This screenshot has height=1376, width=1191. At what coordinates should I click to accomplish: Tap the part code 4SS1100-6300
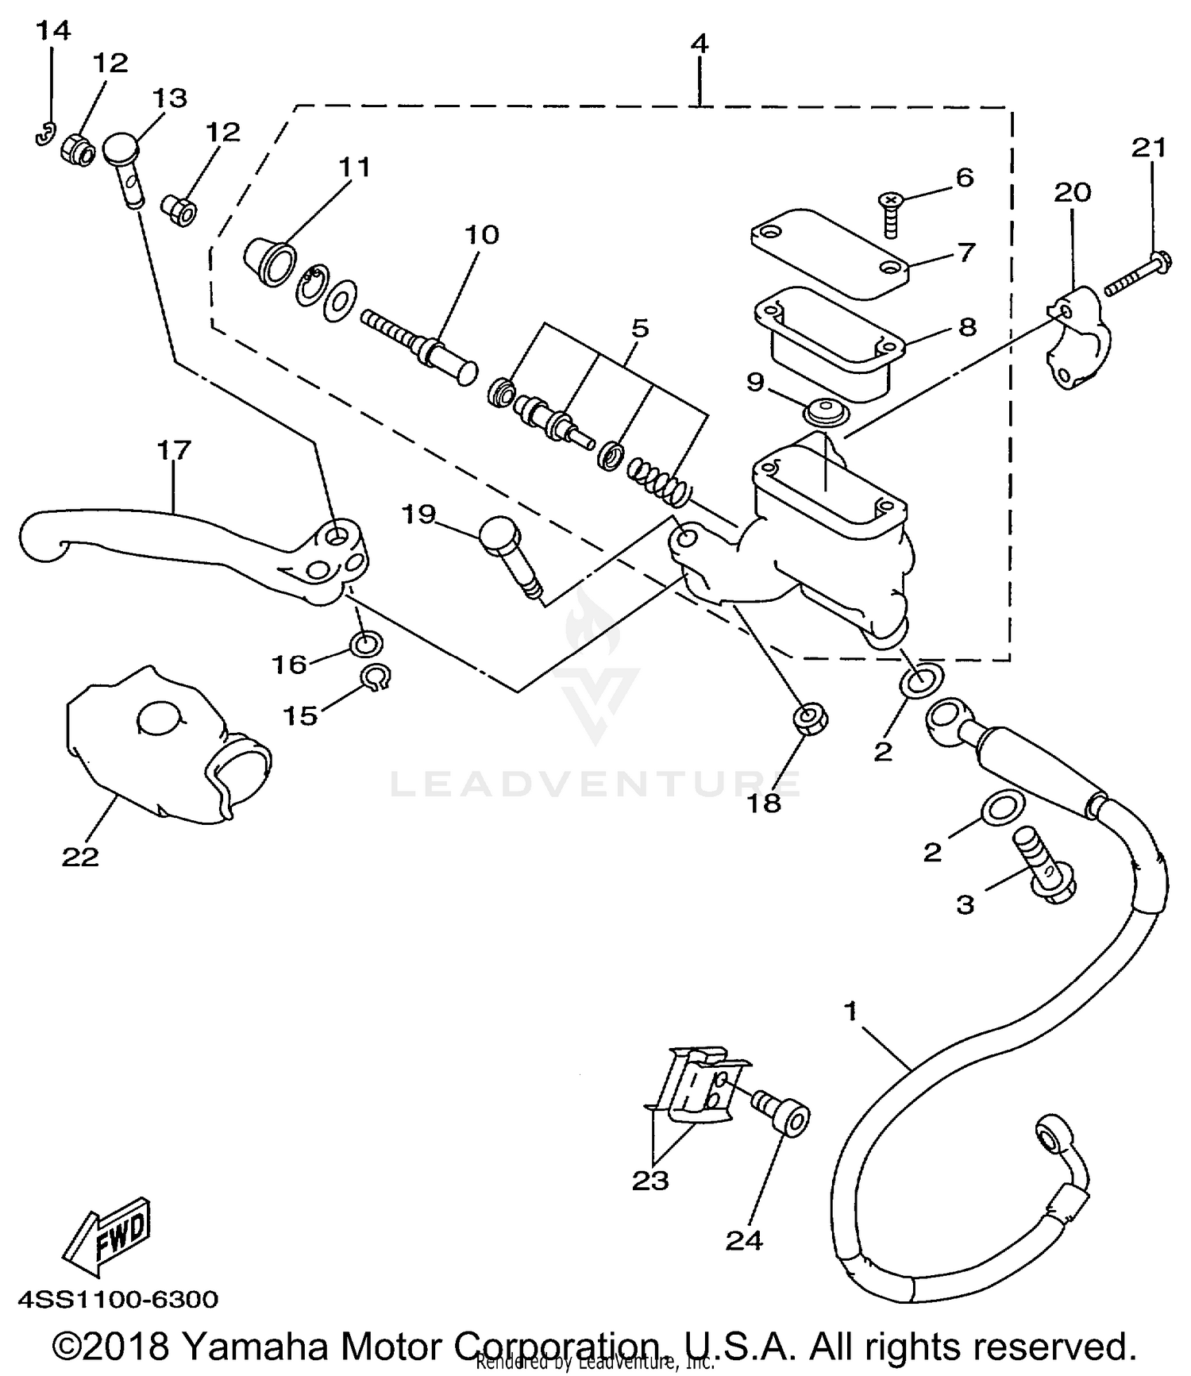pyautogui.click(x=118, y=1301)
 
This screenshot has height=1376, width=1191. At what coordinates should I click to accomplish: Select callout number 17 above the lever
pyautogui.click(x=174, y=450)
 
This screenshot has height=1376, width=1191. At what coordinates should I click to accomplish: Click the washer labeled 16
pyautogui.click(x=366, y=643)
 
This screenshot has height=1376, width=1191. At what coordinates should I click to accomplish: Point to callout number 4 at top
pyautogui.click(x=699, y=44)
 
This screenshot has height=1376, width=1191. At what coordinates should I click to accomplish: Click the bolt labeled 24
pyautogui.click(x=782, y=1112)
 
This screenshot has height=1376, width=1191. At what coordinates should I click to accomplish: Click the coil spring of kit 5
pyautogui.click(x=659, y=481)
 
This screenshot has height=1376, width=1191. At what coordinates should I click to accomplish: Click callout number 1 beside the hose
pyautogui.click(x=850, y=1012)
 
